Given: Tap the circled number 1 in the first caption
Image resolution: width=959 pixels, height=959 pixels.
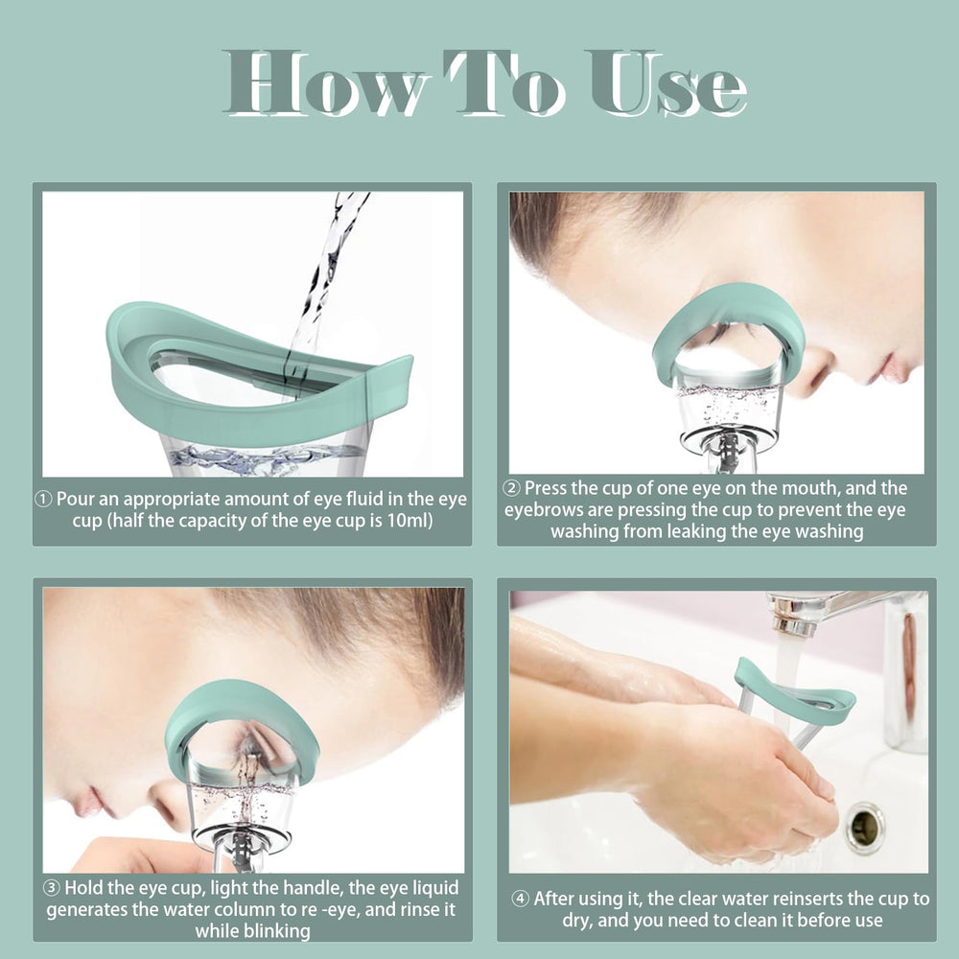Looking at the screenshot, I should [44, 499].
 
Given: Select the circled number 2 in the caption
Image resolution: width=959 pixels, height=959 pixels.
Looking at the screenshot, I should [513, 489].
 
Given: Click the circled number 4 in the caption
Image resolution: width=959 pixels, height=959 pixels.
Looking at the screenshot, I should [520, 900].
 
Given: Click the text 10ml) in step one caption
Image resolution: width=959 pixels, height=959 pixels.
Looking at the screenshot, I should [407, 521].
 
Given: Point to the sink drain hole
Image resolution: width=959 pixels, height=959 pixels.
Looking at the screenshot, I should [865, 826].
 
